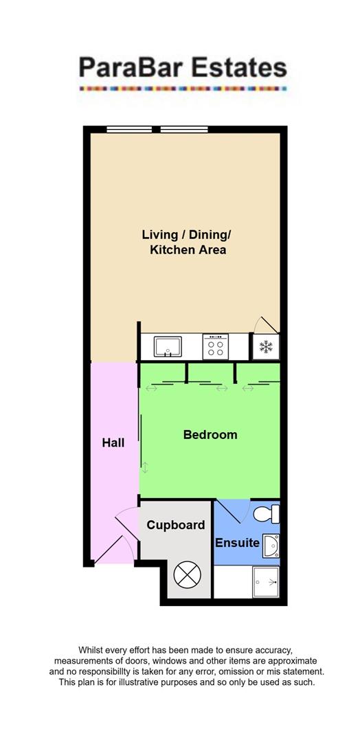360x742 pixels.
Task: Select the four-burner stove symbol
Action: tap(216, 346)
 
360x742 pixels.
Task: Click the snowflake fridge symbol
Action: tap(265, 347)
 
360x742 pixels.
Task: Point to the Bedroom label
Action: tap(210, 435)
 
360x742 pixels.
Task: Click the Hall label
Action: tap(113, 443)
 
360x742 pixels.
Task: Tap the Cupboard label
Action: tap(177, 526)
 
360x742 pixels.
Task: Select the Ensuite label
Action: tap(237, 543)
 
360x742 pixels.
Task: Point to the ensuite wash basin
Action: tap(272, 546)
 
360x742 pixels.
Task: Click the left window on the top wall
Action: tap(128, 128)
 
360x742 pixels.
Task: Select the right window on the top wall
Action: tap(183, 128)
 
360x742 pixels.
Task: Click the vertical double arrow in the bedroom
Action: tap(145, 469)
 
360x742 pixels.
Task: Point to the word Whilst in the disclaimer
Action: tap(94, 650)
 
